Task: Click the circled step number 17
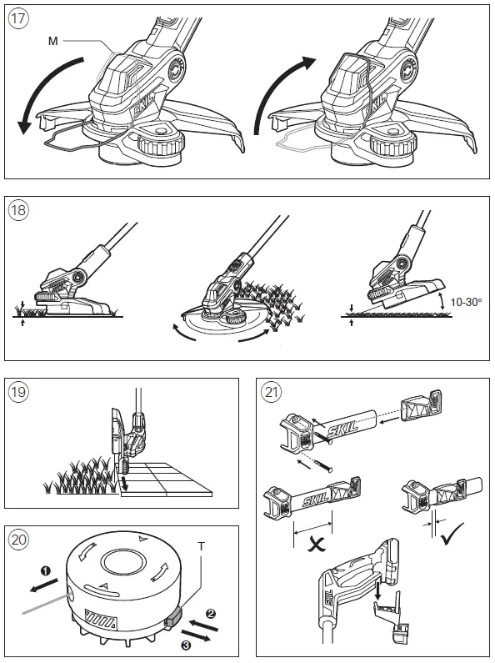18,19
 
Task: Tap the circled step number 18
18,210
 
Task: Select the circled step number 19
18,392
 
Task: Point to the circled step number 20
18,540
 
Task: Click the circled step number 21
271,392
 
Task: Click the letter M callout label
52,41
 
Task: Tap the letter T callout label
202,547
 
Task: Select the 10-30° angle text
466,303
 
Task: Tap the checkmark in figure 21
451,534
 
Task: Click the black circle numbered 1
46,571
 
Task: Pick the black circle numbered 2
211,613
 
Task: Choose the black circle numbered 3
186,645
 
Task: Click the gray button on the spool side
173,615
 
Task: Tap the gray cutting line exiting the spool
46,603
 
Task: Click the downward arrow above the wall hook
378,589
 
